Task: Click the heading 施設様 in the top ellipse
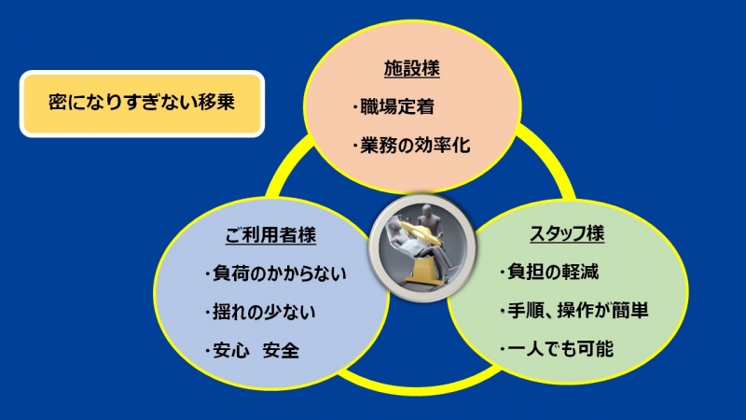click(412, 68)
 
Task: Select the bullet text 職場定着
click(397, 106)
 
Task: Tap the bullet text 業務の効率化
click(415, 146)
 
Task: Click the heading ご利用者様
click(270, 235)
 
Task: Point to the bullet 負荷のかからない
click(279, 273)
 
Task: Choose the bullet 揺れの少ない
click(264, 312)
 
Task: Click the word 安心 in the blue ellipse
click(231, 351)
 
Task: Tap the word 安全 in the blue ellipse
click(281, 351)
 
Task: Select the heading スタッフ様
click(567, 233)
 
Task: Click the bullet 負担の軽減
click(553, 272)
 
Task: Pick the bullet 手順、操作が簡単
click(578, 311)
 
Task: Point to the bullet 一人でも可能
click(560, 349)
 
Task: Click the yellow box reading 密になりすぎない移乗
click(142, 104)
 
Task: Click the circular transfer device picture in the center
click(422, 247)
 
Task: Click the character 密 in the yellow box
click(58, 103)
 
